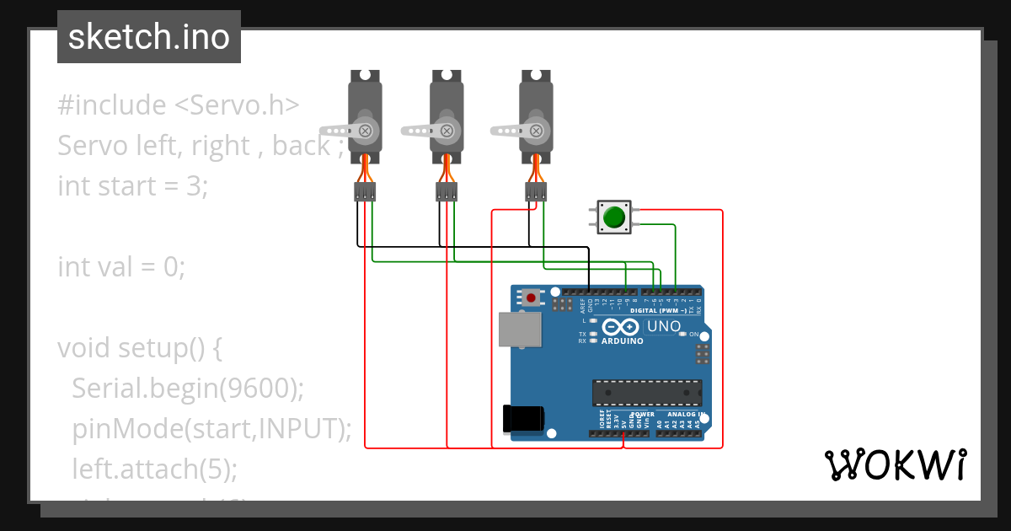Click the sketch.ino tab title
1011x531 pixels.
(x=148, y=37)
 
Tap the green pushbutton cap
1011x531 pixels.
(x=614, y=217)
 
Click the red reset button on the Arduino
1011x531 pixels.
(x=531, y=298)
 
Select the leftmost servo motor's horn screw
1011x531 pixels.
(x=366, y=131)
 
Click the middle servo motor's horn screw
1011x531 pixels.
(x=447, y=131)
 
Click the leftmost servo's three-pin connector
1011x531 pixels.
(x=365, y=193)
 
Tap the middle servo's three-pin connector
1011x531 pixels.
(x=447, y=193)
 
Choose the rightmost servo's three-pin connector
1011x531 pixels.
(x=535, y=193)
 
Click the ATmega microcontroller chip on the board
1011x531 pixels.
(x=646, y=393)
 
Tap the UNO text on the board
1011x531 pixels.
(x=664, y=326)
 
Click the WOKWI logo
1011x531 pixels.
(x=895, y=464)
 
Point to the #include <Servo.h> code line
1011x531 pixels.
(x=179, y=105)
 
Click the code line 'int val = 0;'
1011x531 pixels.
(x=121, y=267)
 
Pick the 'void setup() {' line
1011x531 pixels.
(x=140, y=347)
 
